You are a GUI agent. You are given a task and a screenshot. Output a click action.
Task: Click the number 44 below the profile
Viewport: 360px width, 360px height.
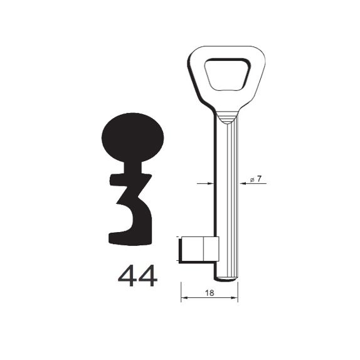point(137,276)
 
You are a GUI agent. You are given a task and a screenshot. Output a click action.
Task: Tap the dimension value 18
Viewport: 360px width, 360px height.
point(209,293)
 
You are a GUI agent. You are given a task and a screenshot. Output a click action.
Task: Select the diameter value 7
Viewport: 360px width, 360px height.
point(259,179)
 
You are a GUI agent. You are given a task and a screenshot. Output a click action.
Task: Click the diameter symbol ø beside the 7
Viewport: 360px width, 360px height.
point(252,180)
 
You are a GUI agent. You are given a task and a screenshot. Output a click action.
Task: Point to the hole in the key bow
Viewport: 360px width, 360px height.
point(227,75)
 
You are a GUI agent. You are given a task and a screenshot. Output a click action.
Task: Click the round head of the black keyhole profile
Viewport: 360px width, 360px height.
point(133,137)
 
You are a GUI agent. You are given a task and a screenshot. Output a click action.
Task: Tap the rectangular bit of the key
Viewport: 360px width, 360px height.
point(199,249)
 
